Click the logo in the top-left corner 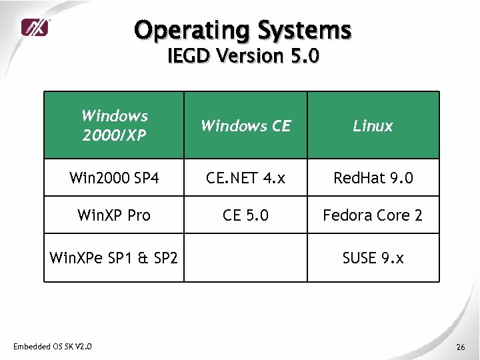(x=35, y=27)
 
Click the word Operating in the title (x=189, y=30)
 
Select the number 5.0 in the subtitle (x=305, y=56)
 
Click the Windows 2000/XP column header (x=114, y=125)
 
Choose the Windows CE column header (x=245, y=125)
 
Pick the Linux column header (x=373, y=125)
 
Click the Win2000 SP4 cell (x=114, y=178)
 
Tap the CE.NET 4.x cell (x=245, y=178)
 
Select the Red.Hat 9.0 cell (x=373, y=178)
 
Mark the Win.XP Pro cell (x=114, y=215)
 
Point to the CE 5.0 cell (x=245, y=215)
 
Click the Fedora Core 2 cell (x=373, y=215)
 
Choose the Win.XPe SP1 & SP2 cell (x=114, y=257)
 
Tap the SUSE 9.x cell (x=373, y=257)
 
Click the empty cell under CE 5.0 (x=245, y=257)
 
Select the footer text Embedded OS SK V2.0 (x=53, y=345)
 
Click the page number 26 (x=460, y=347)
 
